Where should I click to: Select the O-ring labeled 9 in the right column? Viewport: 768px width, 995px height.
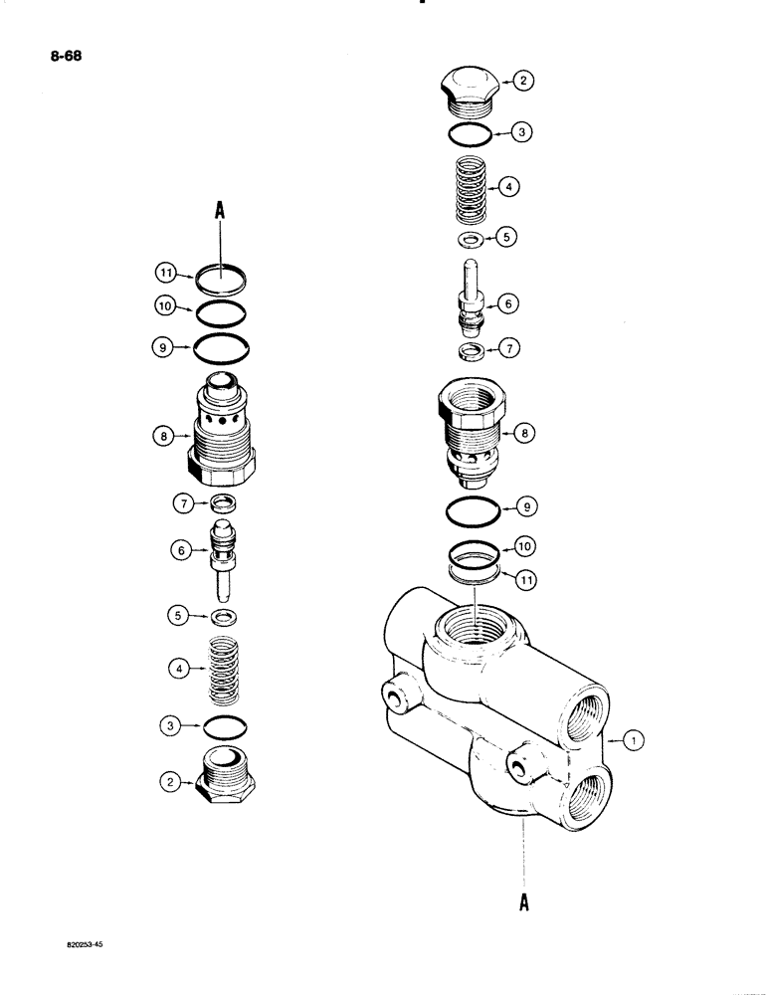[474, 504]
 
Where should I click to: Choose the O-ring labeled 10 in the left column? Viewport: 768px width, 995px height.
[221, 313]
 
